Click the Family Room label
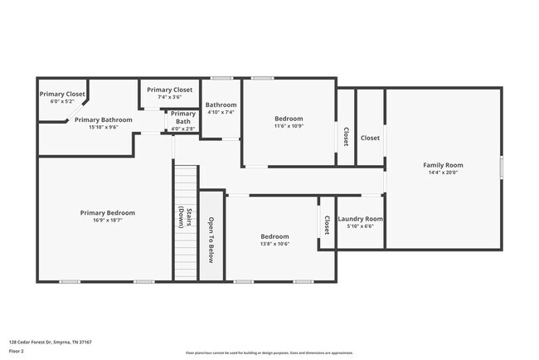(443, 165)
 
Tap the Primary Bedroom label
(107, 213)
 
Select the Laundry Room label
(361, 219)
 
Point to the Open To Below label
(211, 240)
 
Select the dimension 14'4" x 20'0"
(443, 173)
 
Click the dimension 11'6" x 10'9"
(289, 127)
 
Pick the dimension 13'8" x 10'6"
(274, 244)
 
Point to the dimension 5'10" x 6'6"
(361, 226)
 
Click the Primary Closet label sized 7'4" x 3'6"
(169, 90)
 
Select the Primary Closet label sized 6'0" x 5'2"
(62, 94)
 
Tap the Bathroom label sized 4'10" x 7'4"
(221, 105)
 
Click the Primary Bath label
(183, 118)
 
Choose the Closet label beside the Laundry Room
(327, 225)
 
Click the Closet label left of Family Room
(370, 138)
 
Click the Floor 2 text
(17, 351)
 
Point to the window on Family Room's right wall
(501, 167)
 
